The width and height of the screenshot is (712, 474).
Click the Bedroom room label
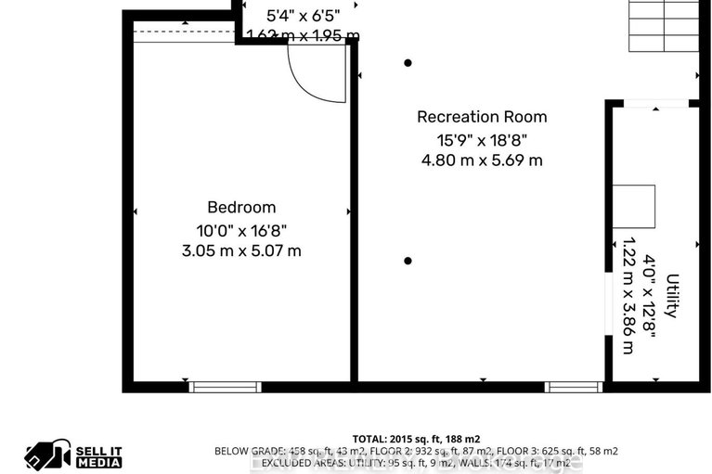pyautogui.click(x=240, y=208)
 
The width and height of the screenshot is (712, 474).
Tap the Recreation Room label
pyautogui.click(x=481, y=117)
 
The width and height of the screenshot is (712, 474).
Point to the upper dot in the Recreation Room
pyautogui.click(x=408, y=63)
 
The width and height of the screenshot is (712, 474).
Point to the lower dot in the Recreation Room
pyautogui.click(x=408, y=261)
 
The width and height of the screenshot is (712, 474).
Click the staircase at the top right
pyautogui.click(x=665, y=25)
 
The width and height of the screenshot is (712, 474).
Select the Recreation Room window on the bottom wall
pyautogui.click(x=573, y=386)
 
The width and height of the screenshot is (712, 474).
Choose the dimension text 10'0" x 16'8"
pyautogui.click(x=240, y=229)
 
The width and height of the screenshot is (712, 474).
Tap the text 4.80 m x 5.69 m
pyautogui.click(x=481, y=160)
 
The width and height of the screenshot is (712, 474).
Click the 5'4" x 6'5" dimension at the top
pyautogui.click(x=304, y=15)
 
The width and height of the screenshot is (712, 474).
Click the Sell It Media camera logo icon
pyautogui.click(x=48, y=454)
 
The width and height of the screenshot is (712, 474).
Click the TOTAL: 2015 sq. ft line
pyautogui.click(x=416, y=439)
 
